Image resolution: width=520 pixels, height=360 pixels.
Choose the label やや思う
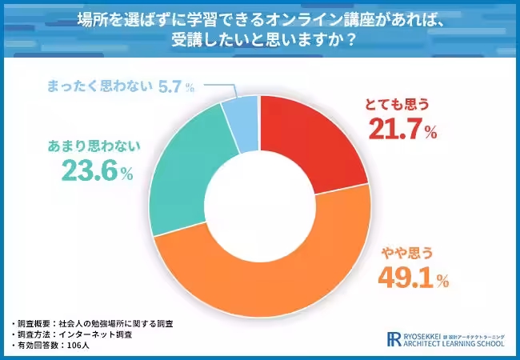[x=405, y=253]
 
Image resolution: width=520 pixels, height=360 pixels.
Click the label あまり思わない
[x=94, y=146]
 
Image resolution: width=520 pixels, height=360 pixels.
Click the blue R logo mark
[x=394, y=339]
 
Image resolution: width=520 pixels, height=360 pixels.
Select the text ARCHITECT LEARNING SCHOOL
[x=457, y=344]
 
